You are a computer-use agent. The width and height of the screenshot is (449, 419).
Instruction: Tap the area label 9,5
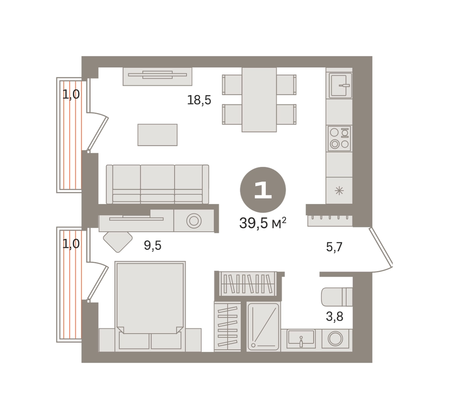point(153,246)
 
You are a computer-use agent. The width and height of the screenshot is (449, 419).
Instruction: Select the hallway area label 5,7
point(334,247)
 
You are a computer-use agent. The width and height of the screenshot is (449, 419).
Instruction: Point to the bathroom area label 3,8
point(335,317)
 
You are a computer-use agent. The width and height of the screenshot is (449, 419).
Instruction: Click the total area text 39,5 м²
point(263,223)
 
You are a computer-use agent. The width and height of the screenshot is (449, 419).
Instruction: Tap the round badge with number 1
point(263,190)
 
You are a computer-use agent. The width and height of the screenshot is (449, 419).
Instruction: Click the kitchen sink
point(340,85)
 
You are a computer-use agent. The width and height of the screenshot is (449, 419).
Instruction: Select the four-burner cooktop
point(339,138)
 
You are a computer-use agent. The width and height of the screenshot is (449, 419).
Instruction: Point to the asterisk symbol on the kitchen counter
point(339,191)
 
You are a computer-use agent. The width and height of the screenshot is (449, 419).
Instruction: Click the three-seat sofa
point(157,184)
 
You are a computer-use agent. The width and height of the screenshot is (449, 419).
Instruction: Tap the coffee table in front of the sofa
point(157,135)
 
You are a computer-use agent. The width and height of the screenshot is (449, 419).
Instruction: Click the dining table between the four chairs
point(259,100)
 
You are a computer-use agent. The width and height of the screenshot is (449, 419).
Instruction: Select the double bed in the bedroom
point(150,306)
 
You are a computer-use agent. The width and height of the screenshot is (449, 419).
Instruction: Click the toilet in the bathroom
point(337,297)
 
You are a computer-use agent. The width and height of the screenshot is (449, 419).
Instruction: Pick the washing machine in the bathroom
point(335,338)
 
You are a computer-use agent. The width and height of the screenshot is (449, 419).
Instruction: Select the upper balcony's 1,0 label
point(71,95)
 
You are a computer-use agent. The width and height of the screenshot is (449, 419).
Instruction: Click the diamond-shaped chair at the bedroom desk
point(118,242)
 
